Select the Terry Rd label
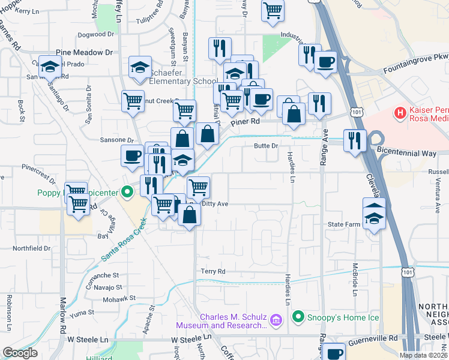(x=212, y=272)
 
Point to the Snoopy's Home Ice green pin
(x=297, y=316)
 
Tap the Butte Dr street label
(x=267, y=146)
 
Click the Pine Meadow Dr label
(x=85, y=53)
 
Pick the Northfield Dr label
(x=32, y=248)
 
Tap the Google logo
(x=20, y=353)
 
